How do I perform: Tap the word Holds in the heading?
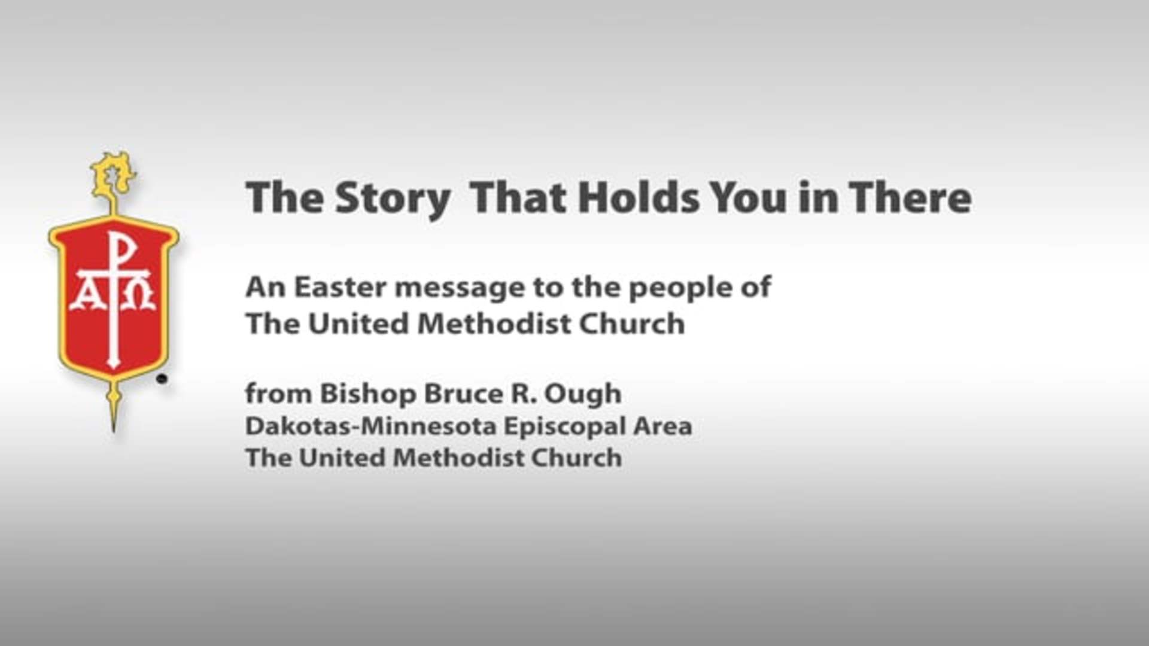[639, 197]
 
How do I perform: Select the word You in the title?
[749, 198]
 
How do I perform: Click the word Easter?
[341, 287]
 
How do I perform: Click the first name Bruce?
[462, 394]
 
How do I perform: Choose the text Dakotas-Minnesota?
[371, 426]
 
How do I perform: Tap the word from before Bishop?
[279, 394]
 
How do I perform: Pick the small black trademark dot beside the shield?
[162, 379]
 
